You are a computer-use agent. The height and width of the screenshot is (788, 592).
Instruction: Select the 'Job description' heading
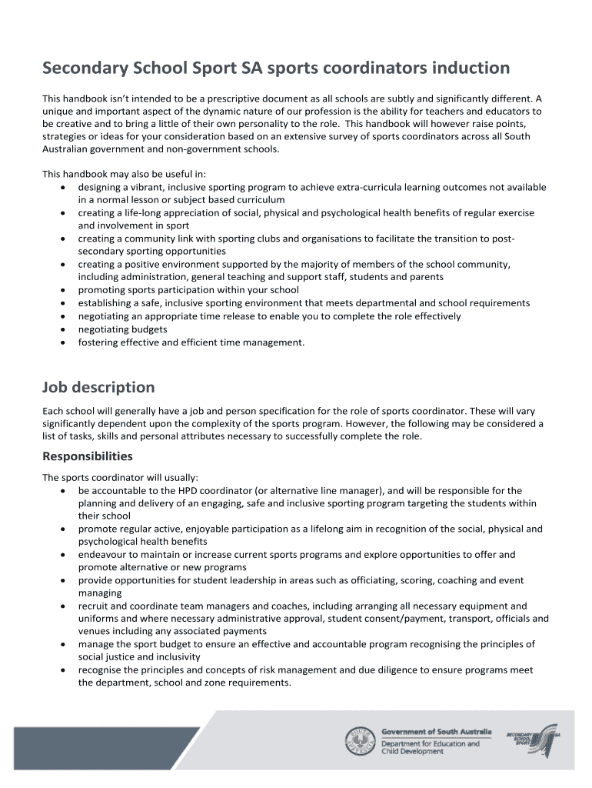tap(98, 387)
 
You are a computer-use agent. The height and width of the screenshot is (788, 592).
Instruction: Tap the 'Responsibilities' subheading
tap(87, 456)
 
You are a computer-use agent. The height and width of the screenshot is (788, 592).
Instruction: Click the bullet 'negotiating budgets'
tap(122, 329)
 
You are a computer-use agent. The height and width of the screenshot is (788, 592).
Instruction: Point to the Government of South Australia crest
tap(360, 741)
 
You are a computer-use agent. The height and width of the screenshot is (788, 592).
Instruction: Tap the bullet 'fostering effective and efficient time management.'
tap(191, 342)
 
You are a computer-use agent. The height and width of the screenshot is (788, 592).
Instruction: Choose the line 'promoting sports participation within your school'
tap(188, 290)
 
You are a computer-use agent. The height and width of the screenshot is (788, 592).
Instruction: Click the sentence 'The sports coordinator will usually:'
tap(120, 477)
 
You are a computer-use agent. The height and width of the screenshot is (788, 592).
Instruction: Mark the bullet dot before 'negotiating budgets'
tap(62, 330)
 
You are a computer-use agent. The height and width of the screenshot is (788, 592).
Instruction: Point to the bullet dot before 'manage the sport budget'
tap(62, 645)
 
